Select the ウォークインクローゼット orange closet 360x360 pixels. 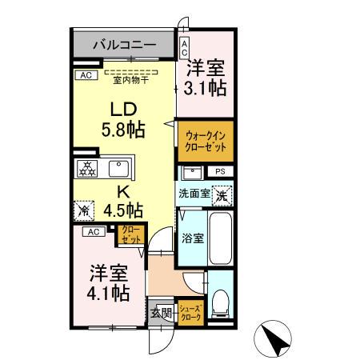206,142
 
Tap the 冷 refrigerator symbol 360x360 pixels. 83,210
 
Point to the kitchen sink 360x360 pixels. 119,168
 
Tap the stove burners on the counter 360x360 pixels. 86,168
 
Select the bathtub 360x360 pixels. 220,238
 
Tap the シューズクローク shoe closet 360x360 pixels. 190,311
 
